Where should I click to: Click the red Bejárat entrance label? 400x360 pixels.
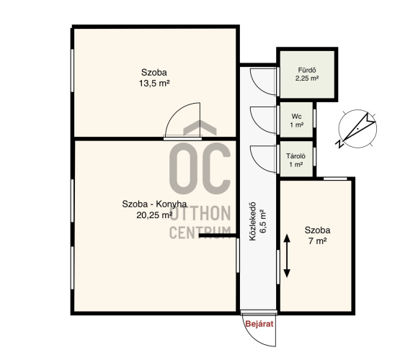pos(259,324)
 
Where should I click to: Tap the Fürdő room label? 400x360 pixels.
pos(307,70)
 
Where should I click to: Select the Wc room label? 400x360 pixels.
pos(297,117)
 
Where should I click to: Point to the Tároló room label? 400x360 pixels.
pos(296,156)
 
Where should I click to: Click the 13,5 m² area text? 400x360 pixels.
pos(154,84)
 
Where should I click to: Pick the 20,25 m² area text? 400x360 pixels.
pos(154,215)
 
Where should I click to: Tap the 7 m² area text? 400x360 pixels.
pos(318,241)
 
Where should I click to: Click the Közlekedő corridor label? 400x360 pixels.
pos(252,222)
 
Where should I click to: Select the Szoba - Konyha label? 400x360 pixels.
pos(154,204)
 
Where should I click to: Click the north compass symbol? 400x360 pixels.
pos(357,129)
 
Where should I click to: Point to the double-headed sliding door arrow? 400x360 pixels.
pos(287,256)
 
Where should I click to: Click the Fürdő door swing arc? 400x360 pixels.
pos(257,86)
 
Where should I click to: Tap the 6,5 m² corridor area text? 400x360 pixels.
pos(263,222)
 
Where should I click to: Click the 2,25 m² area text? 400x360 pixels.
pos(307,78)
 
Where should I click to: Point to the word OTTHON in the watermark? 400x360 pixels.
pos(200,214)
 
